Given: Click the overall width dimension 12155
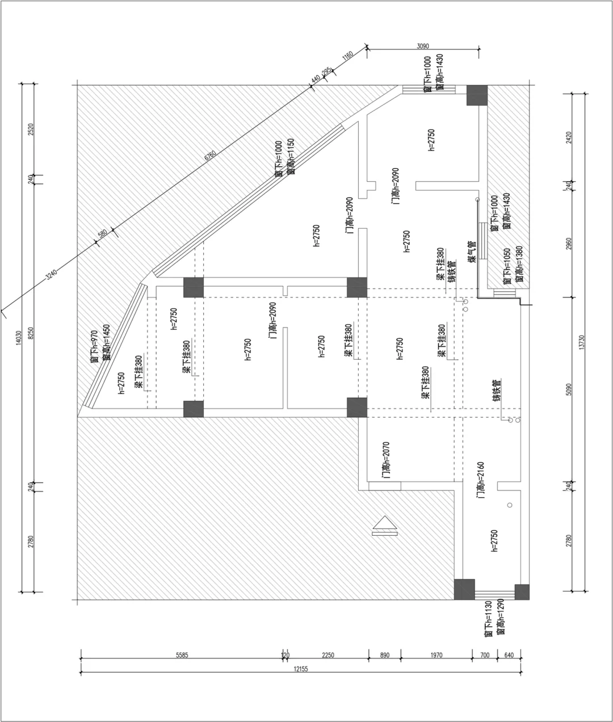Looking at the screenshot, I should click(x=300, y=669).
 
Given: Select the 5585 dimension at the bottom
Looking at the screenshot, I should click(x=182, y=655).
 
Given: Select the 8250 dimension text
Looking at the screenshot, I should click(x=31, y=335).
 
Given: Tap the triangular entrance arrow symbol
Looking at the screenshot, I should click(x=384, y=526).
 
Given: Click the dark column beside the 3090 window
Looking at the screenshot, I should click(x=477, y=95).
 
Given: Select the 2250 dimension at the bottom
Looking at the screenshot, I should click(x=328, y=655).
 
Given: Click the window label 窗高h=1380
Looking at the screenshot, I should click(x=518, y=266).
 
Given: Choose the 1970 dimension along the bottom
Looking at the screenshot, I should click(x=435, y=655).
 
